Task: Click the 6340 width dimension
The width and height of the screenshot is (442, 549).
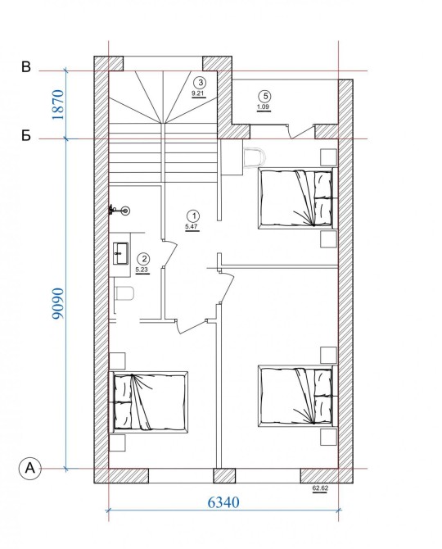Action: [x=223, y=502]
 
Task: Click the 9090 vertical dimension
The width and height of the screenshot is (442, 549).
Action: [x=58, y=303]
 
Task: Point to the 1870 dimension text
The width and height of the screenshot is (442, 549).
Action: [x=58, y=105]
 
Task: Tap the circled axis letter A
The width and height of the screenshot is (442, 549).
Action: [x=30, y=468]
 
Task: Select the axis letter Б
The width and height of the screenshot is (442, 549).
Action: [x=26, y=136]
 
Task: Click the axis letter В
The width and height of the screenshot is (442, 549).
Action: [x=26, y=66]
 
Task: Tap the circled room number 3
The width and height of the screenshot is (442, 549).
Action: [x=201, y=83]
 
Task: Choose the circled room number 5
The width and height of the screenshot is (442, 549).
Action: [x=264, y=96]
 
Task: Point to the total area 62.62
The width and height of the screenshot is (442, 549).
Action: [x=320, y=488]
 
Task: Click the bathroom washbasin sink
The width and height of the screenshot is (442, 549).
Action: [x=120, y=253]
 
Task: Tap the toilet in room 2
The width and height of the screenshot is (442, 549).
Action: [x=125, y=293]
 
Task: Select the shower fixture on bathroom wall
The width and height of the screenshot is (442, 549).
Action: [x=120, y=210]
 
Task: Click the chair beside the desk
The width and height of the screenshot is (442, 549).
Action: [x=255, y=157]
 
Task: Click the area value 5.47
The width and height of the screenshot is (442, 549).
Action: [x=192, y=226]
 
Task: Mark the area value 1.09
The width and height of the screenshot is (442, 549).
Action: [x=263, y=107]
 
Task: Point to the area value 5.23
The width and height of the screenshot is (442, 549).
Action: [x=142, y=270]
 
